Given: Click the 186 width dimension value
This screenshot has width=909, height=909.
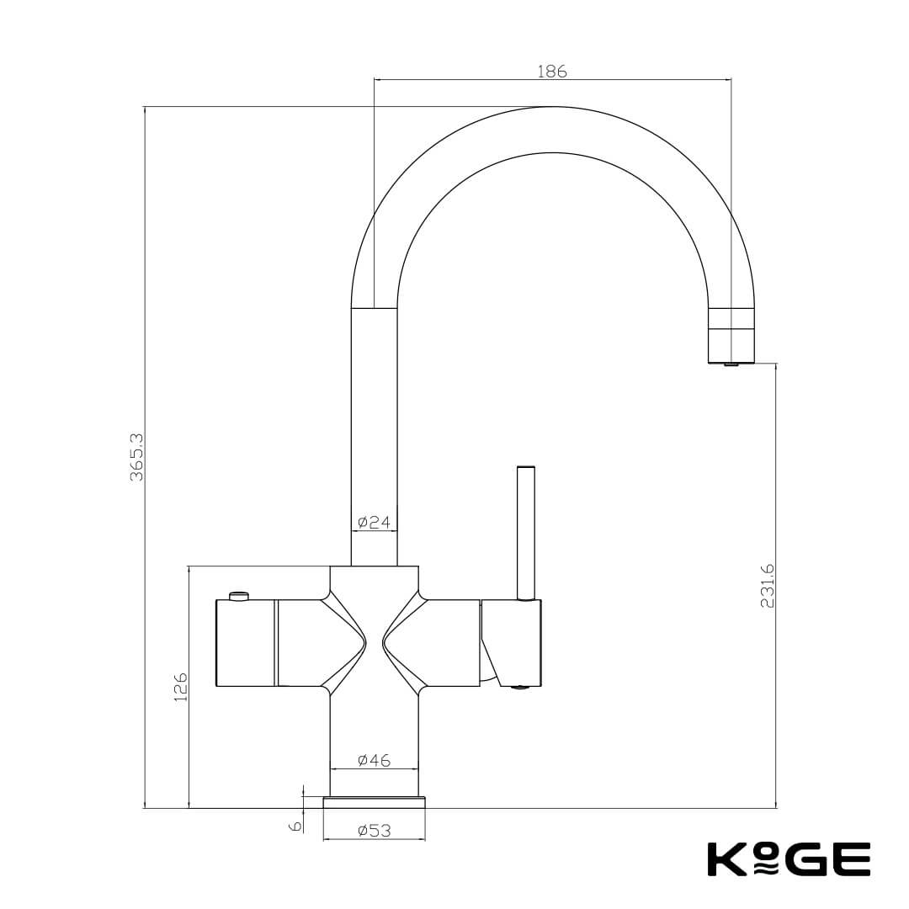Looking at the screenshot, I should (552, 72).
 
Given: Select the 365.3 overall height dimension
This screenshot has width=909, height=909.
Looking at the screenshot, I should (137, 457).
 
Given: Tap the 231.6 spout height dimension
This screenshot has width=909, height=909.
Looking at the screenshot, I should (767, 586).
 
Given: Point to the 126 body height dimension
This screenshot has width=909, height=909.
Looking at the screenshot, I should (180, 687).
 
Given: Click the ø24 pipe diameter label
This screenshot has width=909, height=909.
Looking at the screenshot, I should (374, 523).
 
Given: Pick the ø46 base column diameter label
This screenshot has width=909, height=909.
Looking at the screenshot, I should (374, 760).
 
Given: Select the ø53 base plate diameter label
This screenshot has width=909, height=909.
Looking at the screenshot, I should (374, 831).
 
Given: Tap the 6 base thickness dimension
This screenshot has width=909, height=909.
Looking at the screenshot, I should (295, 826).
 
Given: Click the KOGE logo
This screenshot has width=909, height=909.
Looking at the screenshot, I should (788, 859).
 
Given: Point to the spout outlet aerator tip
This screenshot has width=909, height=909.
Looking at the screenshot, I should (731, 364).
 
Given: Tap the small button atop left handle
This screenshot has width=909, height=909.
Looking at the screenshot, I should (239, 596).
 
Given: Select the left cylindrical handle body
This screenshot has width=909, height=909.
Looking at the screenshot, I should (246, 642).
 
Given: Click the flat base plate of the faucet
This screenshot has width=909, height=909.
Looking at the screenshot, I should (374, 802).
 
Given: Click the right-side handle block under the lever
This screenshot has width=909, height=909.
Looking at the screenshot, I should (513, 640).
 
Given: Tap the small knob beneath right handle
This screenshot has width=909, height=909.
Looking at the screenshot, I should (519, 688).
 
